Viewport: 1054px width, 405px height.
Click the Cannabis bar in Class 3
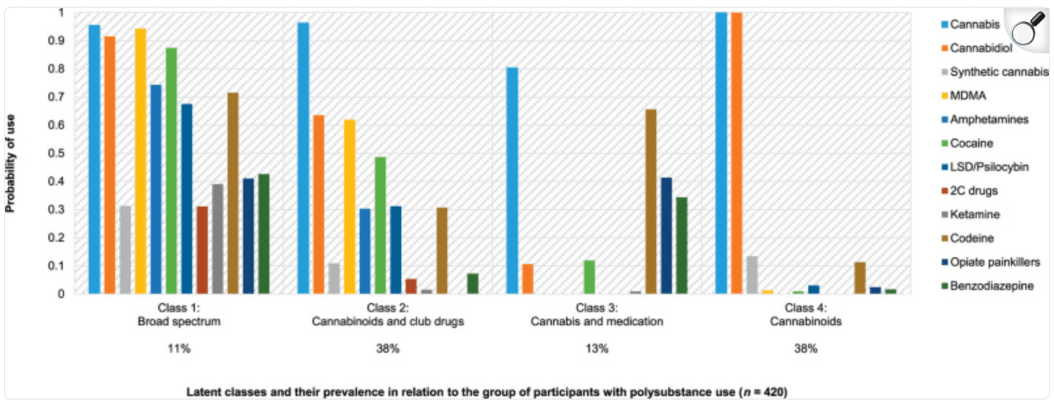pyautogui.click(x=512, y=180)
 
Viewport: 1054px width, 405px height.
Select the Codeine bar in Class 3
pyautogui.click(x=651, y=201)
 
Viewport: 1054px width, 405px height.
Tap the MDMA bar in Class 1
pyautogui.click(x=141, y=161)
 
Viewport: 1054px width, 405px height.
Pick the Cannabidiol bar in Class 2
pyautogui.click(x=318, y=204)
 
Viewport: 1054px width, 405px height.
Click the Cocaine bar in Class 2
pyautogui.click(x=380, y=225)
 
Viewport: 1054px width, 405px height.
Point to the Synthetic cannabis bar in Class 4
pyautogui.click(x=752, y=275)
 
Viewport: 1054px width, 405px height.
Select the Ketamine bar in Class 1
pyautogui.click(x=217, y=238)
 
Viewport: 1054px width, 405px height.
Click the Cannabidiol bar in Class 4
pyautogui.click(x=736, y=153)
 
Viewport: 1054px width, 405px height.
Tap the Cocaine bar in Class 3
pyautogui.click(x=589, y=277)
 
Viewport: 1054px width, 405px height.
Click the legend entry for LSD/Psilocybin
pyautogui.click(x=988, y=167)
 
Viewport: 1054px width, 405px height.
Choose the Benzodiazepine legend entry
pyautogui.click(x=991, y=286)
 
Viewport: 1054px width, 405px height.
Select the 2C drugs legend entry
pyautogui.click(x=973, y=191)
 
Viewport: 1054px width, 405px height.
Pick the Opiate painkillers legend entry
pyautogui.click(x=994, y=262)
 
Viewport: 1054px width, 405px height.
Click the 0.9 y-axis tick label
pyautogui.click(x=60, y=40)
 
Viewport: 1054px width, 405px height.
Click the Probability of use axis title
pyautogui.click(x=10, y=163)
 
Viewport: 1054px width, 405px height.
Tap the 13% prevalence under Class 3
pyautogui.click(x=596, y=349)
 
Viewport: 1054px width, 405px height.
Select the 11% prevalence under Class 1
pyautogui.click(x=178, y=349)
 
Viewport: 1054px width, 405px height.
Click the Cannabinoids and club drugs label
pyautogui.click(x=388, y=321)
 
